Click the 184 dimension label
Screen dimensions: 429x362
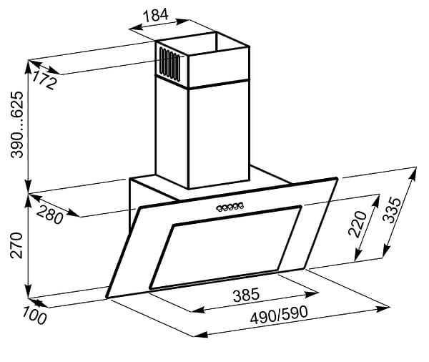point(156,15)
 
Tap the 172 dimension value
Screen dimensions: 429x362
point(44,79)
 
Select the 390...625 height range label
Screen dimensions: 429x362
point(17,124)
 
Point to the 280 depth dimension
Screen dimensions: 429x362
point(50,215)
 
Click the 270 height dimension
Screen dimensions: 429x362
point(16,245)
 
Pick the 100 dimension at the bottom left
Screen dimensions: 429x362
point(34,315)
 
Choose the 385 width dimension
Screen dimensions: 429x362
point(246,295)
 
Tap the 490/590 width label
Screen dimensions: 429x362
point(279,315)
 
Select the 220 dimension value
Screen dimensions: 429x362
point(357,223)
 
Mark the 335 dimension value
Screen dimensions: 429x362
point(392,210)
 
